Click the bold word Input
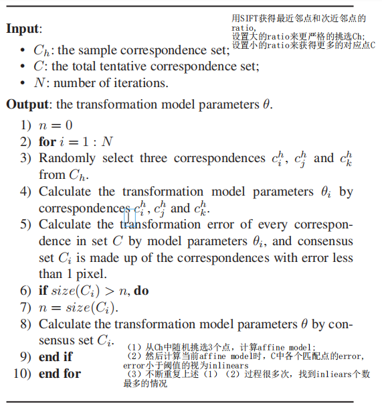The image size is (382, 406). pyautogui.click(x=23, y=29)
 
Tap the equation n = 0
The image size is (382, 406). pyautogui.click(x=56, y=125)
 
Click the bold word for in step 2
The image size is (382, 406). pyautogui.click(x=47, y=141)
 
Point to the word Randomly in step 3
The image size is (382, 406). pyautogui.click(x=68, y=158)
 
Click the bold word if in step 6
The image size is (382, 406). pyautogui.click(x=43, y=291)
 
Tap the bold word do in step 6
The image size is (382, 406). pyautogui.click(x=141, y=291)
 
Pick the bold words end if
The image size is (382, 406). pyautogui.click(x=56, y=357)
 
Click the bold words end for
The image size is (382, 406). pyautogui.click(x=60, y=373)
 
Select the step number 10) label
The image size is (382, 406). pyautogui.click(x=23, y=373)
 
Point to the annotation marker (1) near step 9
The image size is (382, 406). pyautogui.click(x=134, y=347)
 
